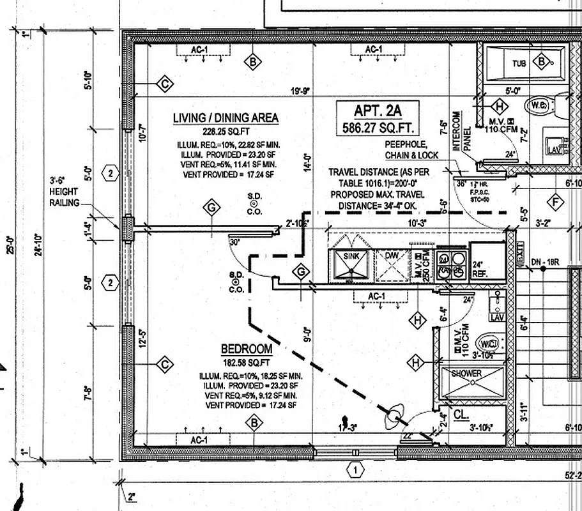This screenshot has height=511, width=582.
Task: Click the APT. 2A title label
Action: pyautogui.click(x=378, y=111)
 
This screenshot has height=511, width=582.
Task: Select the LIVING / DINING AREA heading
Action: pyautogui.click(x=226, y=118)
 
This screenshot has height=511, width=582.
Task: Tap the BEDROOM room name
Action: pyautogui.click(x=247, y=349)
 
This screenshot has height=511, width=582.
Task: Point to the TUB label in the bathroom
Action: pyautogui.click(x=519, y=63)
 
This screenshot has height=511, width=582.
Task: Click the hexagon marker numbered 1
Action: pyautogui.click(x=355, y=471)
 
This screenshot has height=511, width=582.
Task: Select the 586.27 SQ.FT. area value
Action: pyautogui.click(x=378, y=128)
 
